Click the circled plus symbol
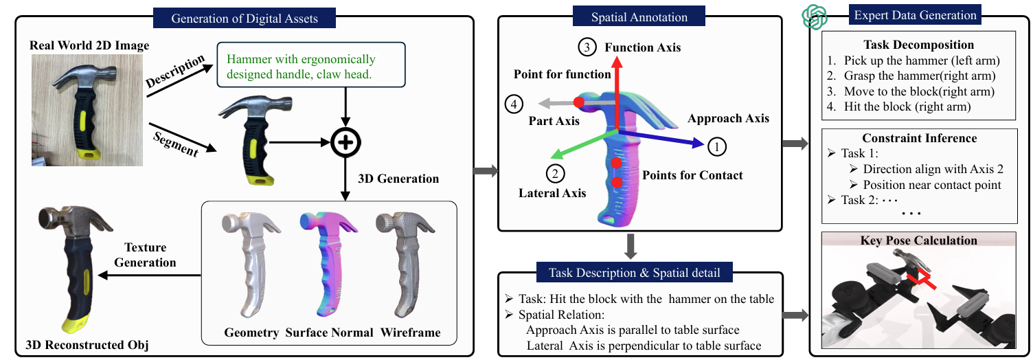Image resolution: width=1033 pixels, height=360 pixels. click(345, 142)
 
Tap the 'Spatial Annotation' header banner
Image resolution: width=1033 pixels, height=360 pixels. click(639, 16)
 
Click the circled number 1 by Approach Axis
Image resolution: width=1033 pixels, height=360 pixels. click(716, 146)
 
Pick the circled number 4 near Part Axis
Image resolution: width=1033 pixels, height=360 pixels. click(513, 104)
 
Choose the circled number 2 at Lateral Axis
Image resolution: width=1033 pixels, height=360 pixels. click(554, 173)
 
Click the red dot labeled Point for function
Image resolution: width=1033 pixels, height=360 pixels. click(579, 102)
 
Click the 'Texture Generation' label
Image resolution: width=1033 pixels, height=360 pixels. click(150, 255)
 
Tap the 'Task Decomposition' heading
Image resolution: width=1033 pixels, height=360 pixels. click(920, 45)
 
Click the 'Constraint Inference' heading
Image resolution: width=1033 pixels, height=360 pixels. click(920, 138)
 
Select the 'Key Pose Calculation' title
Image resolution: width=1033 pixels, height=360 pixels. click(919, 240)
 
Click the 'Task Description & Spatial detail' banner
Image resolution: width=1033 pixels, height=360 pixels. click(639, 273)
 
